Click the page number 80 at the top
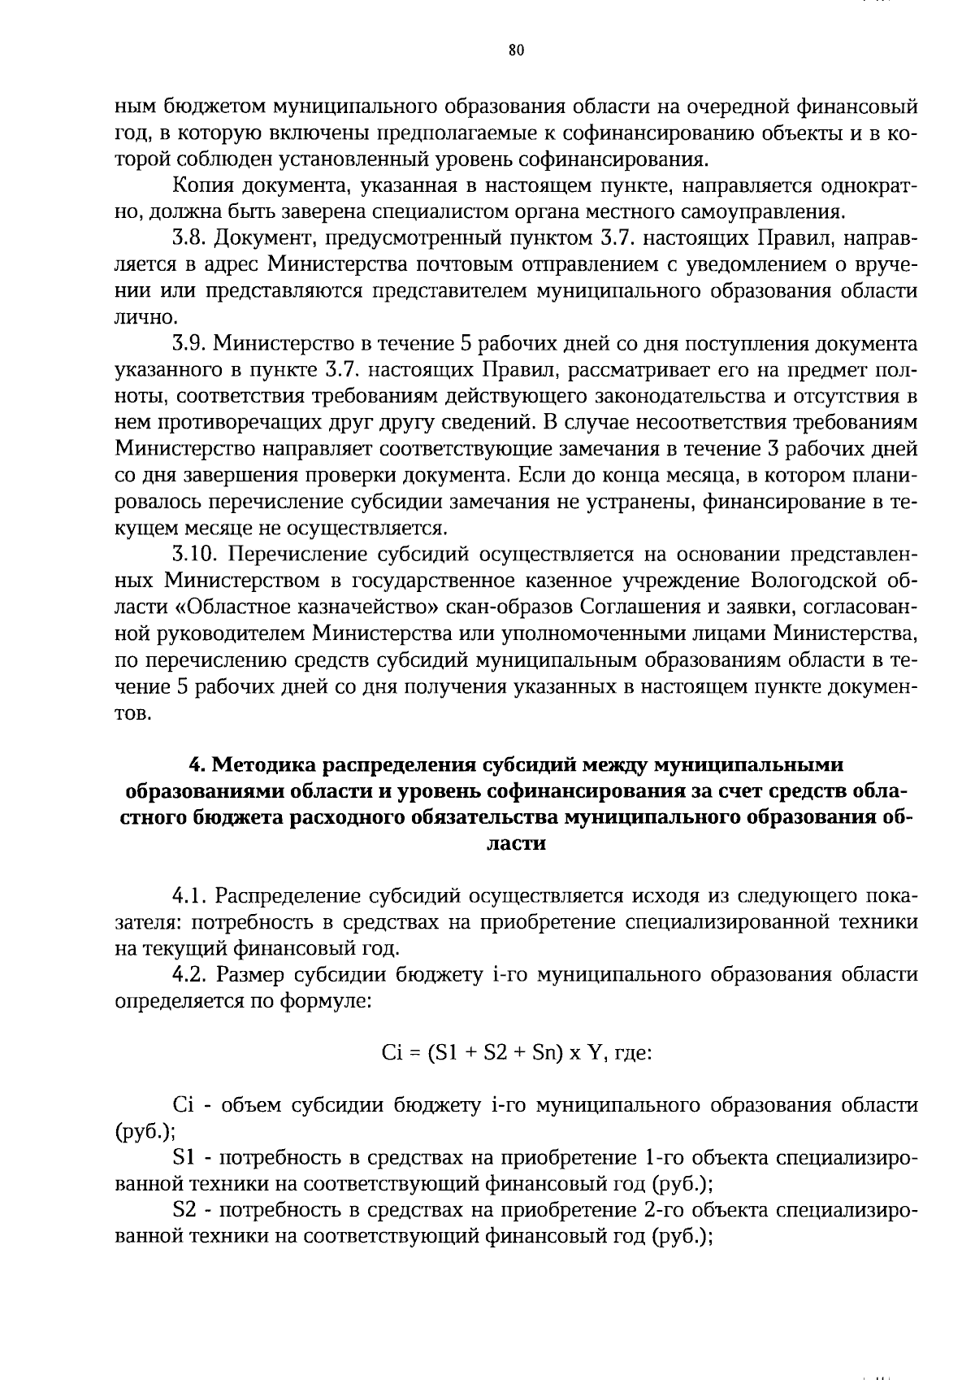tap(516, 50)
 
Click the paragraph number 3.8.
tap(191, 238)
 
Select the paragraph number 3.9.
tap(191, 343)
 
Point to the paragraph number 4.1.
tap(191, 896)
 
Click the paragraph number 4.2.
tap(191, 974)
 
